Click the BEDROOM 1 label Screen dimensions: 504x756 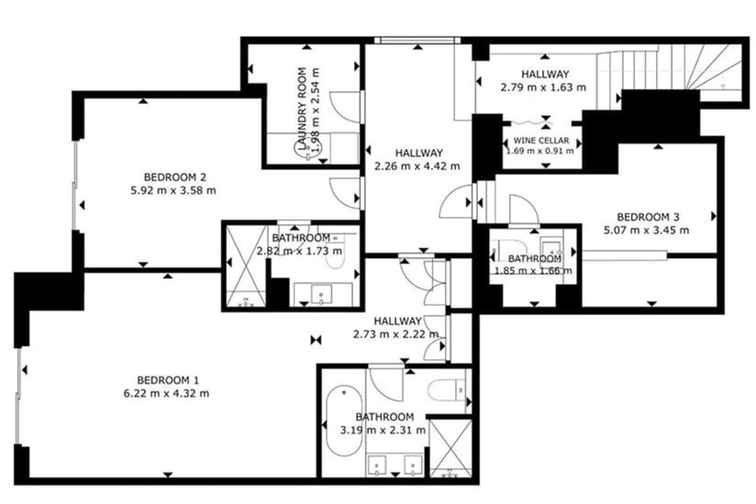click(168, 380)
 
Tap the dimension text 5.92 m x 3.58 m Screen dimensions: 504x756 click(173, 191)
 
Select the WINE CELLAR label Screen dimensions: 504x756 click(541, 141)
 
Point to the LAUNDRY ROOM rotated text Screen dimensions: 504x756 click(302, 109)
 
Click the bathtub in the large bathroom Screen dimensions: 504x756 click(344, 421)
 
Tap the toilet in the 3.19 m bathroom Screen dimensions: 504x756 click(445, 390)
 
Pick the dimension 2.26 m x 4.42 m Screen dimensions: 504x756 click(417, 166)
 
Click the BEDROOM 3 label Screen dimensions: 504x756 click(648, 217)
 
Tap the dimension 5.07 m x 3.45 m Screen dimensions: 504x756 click(647, 230)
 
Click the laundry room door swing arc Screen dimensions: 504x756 click(343, 106)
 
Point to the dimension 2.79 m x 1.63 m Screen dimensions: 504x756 click(543, 87)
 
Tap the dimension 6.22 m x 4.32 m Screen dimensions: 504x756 click(166, 393)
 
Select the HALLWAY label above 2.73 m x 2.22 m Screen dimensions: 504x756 click(397, 321)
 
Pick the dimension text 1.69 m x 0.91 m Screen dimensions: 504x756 click(539, 151)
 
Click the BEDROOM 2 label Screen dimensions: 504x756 click(175, 177)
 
